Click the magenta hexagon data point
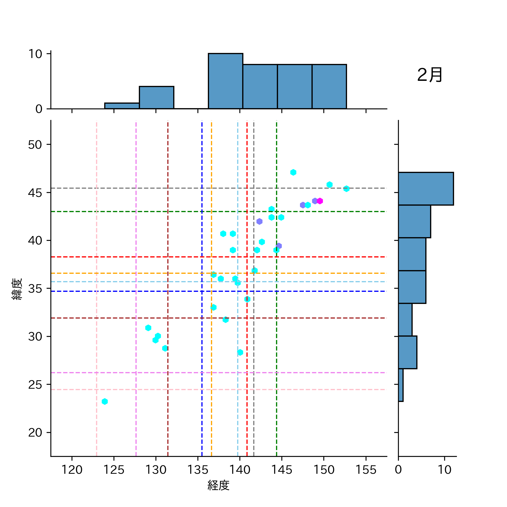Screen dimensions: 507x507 tap(320, 201)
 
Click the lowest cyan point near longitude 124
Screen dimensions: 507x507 tap(105, 401)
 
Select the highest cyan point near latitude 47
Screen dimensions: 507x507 tap(293, 172)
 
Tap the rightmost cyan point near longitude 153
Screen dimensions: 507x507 tap(346, 189)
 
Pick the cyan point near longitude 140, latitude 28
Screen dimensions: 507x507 tap(240, 352)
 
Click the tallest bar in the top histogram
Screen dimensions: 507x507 tap(225, 81)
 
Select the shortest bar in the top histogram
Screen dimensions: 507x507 tap(122, 106)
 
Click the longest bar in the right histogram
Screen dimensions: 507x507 tap(426, 189)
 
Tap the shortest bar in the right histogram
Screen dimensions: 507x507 tap(401, 385)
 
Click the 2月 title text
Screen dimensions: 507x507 tap(430, 75)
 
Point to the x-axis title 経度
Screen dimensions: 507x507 tap(219, 485)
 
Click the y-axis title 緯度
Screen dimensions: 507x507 tap(17, 289)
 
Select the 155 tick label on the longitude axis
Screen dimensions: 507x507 tap(366, 470)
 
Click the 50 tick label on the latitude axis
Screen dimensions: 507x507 tap(35, 145)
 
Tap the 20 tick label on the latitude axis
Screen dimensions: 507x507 tap(35, 432)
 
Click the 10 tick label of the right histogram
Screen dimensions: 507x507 tap(444, 470)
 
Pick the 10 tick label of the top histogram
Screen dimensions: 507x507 tap(35, 54)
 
